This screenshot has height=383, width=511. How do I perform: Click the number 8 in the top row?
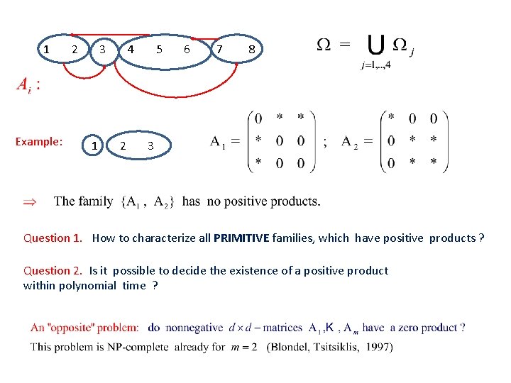click(251, 50)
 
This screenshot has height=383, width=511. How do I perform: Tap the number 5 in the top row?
click(160, 50)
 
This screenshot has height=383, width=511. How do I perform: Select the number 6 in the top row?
click(187, 50)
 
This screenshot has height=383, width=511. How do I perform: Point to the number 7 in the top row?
click(220, 50)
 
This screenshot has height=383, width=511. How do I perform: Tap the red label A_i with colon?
click(28, 85)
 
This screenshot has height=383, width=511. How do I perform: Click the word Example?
click(39, 141)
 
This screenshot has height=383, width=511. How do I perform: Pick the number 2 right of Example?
click(123, 145)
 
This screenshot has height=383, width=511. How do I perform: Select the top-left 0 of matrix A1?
click(258, 118)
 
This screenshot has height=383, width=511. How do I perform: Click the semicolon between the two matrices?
click(325, 141)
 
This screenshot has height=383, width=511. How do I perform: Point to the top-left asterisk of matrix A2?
click(391, 118)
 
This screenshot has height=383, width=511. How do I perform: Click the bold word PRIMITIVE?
click(241, 238)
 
